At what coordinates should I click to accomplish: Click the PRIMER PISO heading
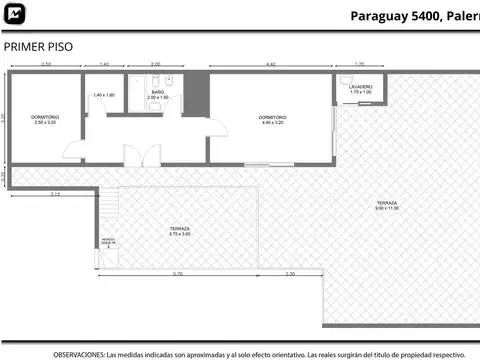click(37, 46)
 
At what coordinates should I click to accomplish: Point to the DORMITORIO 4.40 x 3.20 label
click(271, 119)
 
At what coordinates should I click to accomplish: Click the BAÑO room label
click(157, 93)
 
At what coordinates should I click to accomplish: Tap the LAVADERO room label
click(360, 89)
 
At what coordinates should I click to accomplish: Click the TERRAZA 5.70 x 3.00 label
click(180, 231)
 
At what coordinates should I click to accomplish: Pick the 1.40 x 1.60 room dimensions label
click(104, 95)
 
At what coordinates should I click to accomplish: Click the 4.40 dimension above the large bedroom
click(270, 65)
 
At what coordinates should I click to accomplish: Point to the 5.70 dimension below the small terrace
click(177, 274)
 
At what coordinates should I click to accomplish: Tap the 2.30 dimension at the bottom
click(290, 274)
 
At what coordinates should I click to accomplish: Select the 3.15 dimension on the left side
click(56, 195)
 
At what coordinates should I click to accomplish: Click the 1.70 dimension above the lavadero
click(359, 65)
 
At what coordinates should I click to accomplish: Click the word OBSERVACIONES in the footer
click(78, 354)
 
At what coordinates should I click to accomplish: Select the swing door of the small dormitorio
click(72, 151)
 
